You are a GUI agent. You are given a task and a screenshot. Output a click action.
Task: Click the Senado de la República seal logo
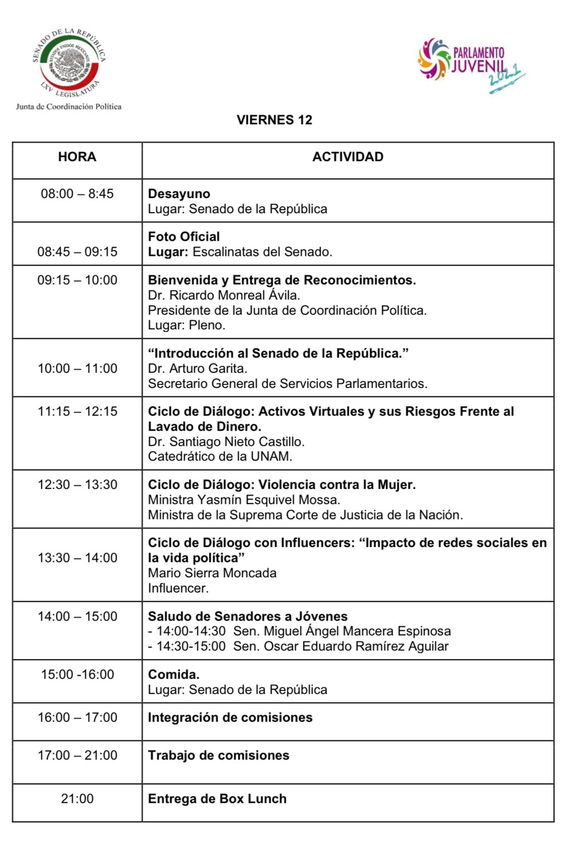coord(69,64)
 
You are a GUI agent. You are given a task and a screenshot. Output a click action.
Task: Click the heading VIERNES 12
coord(274,120)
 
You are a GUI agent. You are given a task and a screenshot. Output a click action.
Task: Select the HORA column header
coord(77,157)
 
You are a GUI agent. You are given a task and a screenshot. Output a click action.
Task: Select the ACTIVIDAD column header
coord(347,157)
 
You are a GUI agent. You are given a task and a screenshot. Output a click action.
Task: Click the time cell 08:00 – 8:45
coord(77,193)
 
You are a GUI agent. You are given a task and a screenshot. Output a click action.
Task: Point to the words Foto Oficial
coord(184,236)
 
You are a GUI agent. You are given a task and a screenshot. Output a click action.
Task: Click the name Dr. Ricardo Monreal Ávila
coord(224,295)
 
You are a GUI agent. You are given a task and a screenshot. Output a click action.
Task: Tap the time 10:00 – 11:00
coord(77,368)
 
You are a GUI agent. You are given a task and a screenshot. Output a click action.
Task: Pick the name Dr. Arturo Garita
coord(197,368)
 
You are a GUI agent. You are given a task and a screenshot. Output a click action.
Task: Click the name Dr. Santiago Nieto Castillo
coord(226,441)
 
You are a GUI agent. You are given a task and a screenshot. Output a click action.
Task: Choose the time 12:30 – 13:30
coord(77,484)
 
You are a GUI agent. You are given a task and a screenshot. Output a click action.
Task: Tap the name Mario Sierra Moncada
coord(212,573)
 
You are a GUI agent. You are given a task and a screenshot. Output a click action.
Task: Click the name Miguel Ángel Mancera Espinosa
coord(357,631)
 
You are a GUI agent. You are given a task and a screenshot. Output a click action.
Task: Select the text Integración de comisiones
coord(230,717)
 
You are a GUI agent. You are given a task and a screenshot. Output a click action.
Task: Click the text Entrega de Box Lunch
coord(217,798)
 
